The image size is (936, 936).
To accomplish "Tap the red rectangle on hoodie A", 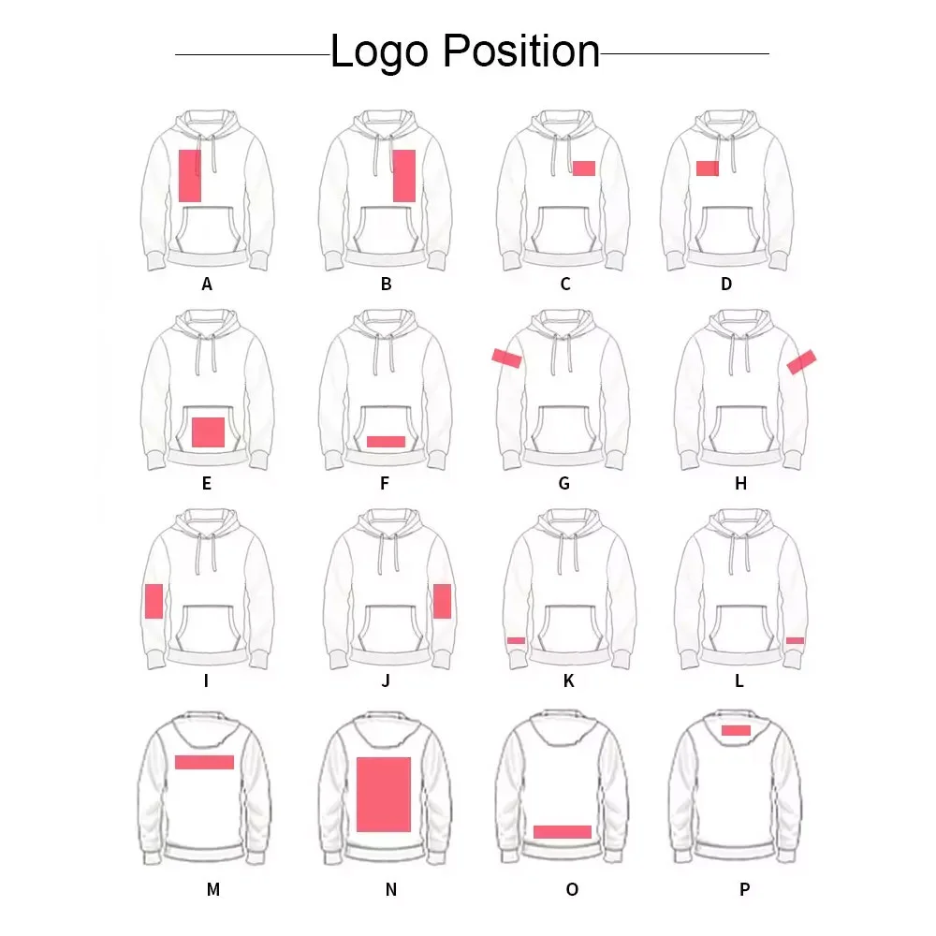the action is (x=190, y=175).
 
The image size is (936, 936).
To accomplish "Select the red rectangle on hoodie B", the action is (x=403, y=175).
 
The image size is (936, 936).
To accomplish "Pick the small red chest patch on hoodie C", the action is (x=584, y=168).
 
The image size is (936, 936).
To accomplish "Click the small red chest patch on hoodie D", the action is (x=708, y=168).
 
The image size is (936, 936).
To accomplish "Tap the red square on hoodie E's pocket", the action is (x=208, y=431).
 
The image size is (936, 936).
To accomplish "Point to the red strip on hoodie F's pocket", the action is (x=386, y=441).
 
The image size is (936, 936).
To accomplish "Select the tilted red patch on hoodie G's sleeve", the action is (x=507, y=357).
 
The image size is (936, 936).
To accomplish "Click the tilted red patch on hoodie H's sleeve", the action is (x=801, y=360).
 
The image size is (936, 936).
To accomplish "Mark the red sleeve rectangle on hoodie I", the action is (x=154, y=601).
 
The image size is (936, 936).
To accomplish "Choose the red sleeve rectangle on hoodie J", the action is (x=442, y=601).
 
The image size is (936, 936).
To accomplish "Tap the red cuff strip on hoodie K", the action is (x=516, y=640).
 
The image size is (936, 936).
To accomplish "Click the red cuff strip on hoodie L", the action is (x=795, y=640).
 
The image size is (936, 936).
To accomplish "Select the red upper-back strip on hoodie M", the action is (x=204, y=762).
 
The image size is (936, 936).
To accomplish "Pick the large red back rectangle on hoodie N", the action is (x=384, y=795).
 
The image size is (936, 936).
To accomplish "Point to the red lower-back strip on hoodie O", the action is (x=563, y=831).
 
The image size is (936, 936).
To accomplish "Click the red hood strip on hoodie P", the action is (x=736, y=730).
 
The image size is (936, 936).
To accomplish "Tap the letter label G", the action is (x=563, y=484).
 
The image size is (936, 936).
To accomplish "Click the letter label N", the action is (x=391, y=890).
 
